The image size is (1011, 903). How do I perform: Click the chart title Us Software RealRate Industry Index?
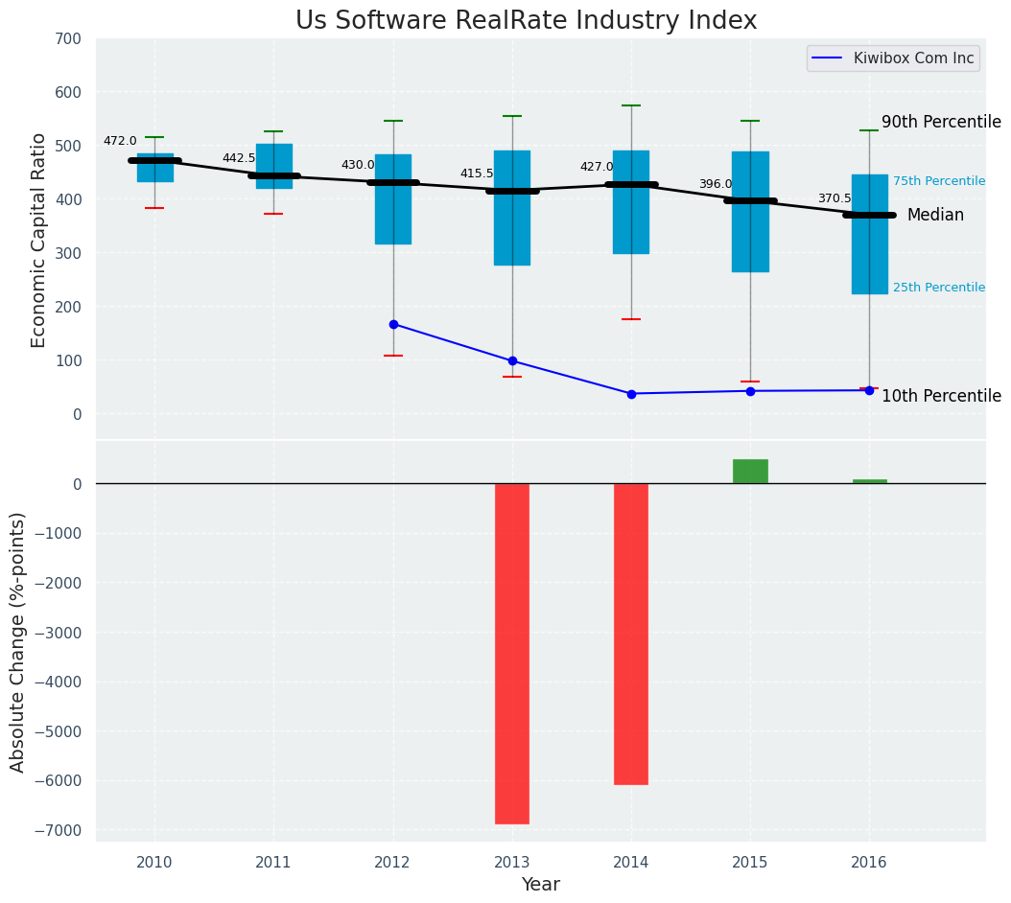526,21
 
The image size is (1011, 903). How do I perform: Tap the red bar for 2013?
512,653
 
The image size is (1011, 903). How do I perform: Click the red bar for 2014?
631,634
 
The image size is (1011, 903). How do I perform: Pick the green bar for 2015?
750,472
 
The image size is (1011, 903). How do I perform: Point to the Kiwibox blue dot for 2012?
393,324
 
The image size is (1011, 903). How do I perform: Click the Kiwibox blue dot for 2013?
512,361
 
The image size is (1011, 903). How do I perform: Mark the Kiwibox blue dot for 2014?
631,394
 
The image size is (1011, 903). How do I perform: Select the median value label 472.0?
120,141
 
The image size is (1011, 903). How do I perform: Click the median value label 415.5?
477,174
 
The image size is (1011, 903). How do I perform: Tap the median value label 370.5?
835,198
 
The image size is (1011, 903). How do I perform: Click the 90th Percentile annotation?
941,123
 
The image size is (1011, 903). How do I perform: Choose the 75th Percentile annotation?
939,181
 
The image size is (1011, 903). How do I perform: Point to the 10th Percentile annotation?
941,397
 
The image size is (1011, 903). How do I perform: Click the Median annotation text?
935,216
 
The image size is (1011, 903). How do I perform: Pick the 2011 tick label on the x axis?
273,863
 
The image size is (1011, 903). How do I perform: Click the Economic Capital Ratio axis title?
39,241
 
